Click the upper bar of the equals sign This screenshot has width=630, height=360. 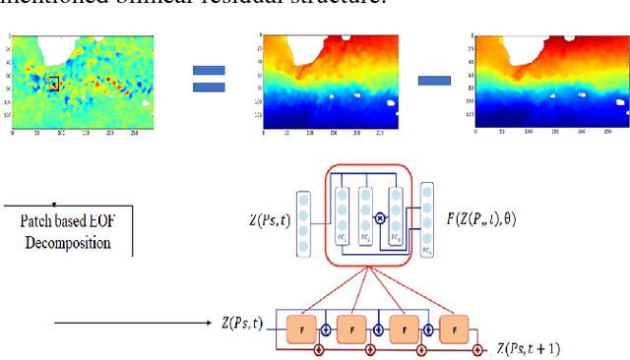pyautogui.click(x=208, y=71)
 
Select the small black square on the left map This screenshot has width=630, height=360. pyautogui.click(x=53, y=84)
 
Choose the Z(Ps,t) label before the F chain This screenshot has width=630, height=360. pyautogui.click(x=241, y=322)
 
